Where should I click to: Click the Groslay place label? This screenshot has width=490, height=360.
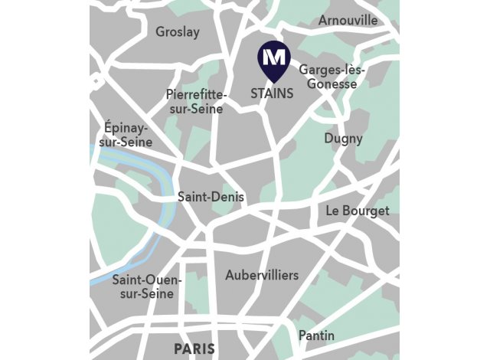177,32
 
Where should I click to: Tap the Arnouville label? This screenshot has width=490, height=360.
348,20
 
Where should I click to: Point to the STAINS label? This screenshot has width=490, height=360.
272,93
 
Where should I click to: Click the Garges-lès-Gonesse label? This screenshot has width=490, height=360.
332,77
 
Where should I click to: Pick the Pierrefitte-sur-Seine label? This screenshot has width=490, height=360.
196,102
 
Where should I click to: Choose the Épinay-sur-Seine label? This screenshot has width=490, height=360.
126,135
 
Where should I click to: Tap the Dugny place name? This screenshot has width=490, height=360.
343,139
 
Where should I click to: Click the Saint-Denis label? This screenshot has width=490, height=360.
211,197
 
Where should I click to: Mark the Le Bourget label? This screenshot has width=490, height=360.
358,211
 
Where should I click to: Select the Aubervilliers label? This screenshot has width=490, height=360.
262,274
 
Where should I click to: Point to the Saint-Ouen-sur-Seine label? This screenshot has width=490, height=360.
147,286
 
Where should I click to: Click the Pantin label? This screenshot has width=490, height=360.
316,335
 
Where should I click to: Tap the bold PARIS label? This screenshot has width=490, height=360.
194,349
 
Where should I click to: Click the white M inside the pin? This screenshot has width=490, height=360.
273,56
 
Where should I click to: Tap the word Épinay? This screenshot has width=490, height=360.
126,128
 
